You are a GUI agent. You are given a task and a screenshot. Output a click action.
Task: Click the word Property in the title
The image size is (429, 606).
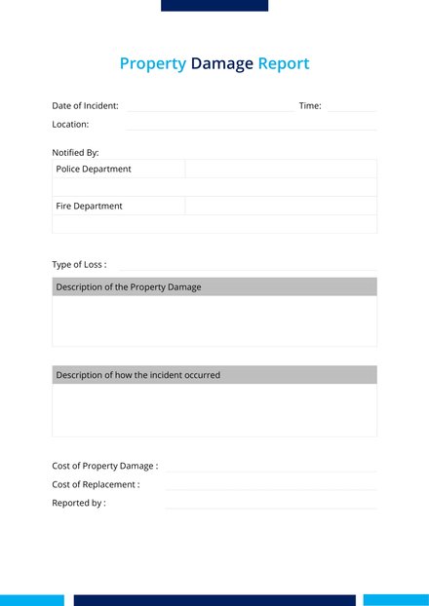coord(152,64)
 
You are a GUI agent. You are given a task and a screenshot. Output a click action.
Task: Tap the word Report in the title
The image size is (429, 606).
coord(283,64)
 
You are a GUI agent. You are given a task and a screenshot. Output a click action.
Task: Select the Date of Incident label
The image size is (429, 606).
coord(85,106)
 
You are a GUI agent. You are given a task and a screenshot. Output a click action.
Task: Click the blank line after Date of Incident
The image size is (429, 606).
coord(210,107)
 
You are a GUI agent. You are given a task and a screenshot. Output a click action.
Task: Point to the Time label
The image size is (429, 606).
coord(310,106)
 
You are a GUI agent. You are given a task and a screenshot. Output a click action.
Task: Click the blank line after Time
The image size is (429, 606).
coord(351,107)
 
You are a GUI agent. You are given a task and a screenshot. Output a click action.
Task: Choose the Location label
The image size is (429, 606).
coord(70,125)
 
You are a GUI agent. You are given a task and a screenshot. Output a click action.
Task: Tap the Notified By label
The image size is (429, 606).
coord(75,153)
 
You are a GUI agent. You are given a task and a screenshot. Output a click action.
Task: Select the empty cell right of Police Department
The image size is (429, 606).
coord(280,170)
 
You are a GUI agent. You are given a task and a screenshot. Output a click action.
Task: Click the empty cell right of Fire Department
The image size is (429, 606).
coord(280,207)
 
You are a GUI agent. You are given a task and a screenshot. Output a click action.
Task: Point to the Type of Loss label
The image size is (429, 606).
coord(79,265)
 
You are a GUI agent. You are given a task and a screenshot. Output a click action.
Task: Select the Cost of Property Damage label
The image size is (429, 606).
coord(104,467)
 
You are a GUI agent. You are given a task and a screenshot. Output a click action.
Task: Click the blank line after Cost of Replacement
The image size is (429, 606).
coord(270,486)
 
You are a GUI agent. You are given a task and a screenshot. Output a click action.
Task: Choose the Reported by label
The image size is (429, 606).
coord(79,504)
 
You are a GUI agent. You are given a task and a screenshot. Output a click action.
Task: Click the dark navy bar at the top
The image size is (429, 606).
coord(214,5)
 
